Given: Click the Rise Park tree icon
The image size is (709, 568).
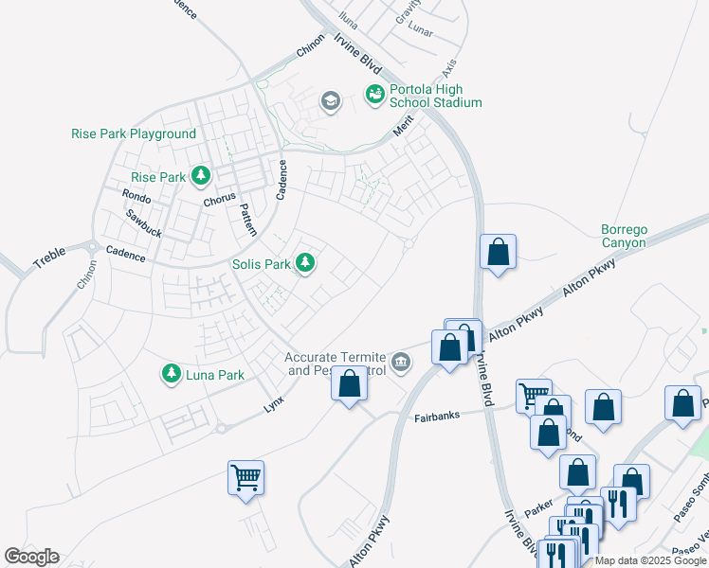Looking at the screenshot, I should click(x=201, y=175).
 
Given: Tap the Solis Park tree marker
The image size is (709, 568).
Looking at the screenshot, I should click(x=305, y=262).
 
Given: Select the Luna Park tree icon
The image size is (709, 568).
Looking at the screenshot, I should click(x=172, y=374).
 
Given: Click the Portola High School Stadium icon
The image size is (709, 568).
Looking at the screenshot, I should click(x=375, y=94).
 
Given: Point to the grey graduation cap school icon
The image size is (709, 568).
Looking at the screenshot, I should click(x=331, y=101).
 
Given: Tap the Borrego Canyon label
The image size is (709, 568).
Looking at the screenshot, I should click(x=624, y=236).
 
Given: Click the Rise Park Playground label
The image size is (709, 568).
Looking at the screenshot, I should click(x=134, y=133).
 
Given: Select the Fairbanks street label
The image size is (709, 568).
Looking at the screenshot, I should click(x=443, y=417).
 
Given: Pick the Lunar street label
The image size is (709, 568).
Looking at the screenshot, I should click(x=419, y=31).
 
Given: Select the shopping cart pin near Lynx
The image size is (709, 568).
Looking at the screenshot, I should click(x=246, y=478).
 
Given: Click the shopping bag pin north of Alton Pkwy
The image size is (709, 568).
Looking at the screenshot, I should click(x=498, y=253).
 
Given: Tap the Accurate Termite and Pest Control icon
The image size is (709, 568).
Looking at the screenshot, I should click(x=402, y=362).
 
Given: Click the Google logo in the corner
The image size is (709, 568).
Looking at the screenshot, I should click(x=31, y=557).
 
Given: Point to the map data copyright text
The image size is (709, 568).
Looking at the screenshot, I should click(x=651, y=560).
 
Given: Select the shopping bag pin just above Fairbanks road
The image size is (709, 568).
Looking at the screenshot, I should click(x=349, y=384).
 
